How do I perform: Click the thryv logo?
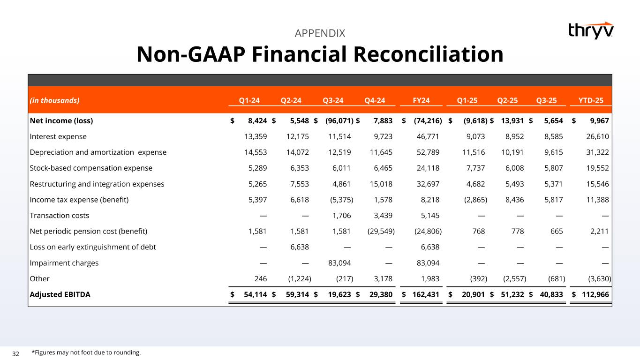(590, 30)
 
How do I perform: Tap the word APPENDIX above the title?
(320, 33)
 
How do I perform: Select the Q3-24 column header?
(333, 100)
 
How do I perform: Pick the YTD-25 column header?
(590, 100)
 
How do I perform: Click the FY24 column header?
(421, 100)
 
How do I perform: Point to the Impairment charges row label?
(64, 263)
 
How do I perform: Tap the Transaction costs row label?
(60, 216)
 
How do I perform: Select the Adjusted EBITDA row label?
(60, 295)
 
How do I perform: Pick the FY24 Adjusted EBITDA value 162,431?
(427, 295)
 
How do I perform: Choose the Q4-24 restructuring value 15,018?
(381, 184)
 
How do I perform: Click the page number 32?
(15, 353)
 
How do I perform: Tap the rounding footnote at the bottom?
(86, 352)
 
